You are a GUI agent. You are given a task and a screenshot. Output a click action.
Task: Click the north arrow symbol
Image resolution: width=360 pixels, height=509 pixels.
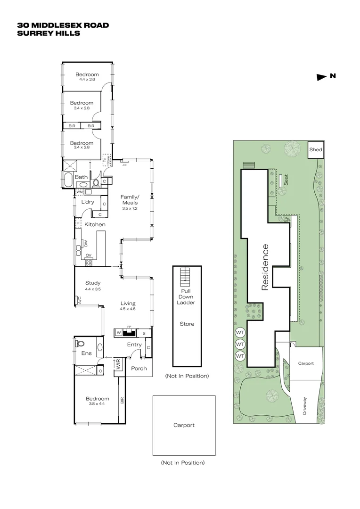click(x=322, y=77)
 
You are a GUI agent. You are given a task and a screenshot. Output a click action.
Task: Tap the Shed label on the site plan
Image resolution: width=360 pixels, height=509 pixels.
click(x=315, y=150)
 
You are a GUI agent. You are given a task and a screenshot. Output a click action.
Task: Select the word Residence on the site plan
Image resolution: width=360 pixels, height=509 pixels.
click(x=265, y=267)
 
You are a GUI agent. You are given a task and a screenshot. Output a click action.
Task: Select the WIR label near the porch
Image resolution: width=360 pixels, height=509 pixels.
click(x=118, y=364)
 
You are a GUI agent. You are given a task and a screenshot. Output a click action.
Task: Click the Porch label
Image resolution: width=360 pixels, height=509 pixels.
click(x=139, y=368)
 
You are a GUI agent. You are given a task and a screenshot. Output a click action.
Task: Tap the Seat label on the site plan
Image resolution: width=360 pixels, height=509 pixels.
click(x=286, y=181)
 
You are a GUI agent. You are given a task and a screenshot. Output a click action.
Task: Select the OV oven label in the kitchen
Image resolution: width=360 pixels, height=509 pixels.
click(x=88, y=255)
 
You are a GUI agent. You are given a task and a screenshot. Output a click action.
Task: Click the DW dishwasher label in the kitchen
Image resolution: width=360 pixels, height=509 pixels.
click(x=86, y=243)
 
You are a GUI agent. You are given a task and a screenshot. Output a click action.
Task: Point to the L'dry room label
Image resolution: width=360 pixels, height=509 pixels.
click(x=88, y=202)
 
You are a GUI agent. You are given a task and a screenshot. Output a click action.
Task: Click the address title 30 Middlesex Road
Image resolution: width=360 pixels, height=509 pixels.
click(x=63, y=25)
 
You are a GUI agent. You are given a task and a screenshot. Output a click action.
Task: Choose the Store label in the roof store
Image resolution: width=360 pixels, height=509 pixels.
click(x=187, y=324)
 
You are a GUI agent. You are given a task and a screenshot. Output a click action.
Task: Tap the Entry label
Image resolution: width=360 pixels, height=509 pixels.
click(x=134, y=345)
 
